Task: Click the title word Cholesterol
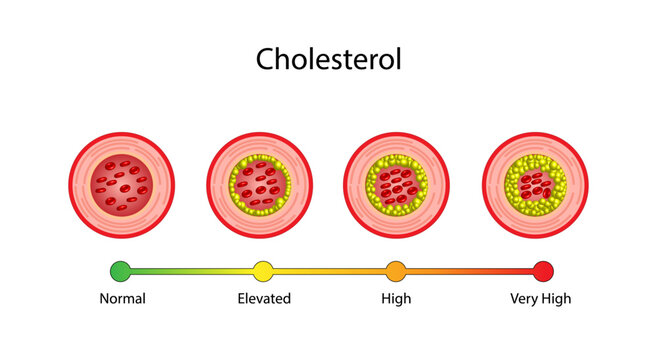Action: coord(328,59)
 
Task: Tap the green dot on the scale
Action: coord(120,270)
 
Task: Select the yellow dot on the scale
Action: coord(263,270)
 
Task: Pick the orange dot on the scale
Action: coord(396,270)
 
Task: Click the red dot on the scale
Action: coord(543,270)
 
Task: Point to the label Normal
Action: coord(122,298)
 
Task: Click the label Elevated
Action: coord(264,298)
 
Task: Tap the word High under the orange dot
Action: coord(396,298)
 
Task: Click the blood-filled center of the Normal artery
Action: coord(120,185)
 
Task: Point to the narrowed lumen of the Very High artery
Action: coord(535,184)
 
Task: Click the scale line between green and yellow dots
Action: coord(190,270)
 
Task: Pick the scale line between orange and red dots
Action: coord(470,270)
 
